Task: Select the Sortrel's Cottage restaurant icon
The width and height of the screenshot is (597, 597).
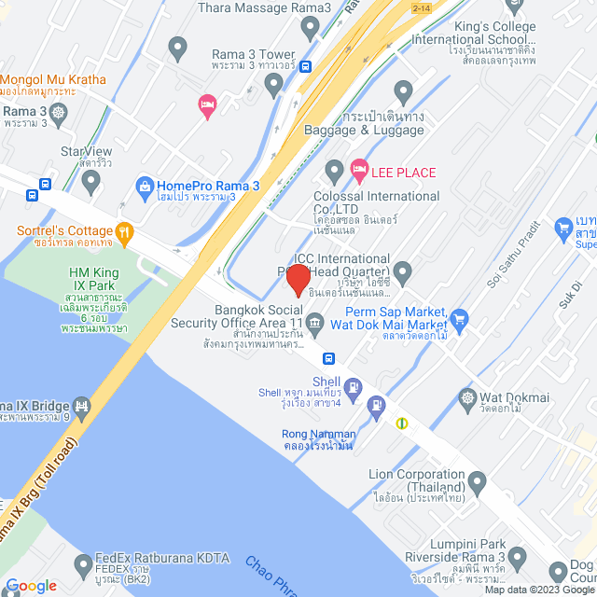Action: tap(124, 231)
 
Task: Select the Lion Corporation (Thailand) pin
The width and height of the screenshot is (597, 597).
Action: tap(478, 483)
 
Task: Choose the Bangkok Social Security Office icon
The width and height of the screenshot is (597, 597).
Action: tap(315, 324)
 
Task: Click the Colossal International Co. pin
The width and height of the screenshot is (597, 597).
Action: tap(334, 172)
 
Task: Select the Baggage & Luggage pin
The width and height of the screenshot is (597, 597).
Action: tap(403, 92)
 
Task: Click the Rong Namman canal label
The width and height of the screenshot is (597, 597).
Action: tap(319, 438)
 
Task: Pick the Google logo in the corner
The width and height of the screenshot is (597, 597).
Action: tap(30, 585)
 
